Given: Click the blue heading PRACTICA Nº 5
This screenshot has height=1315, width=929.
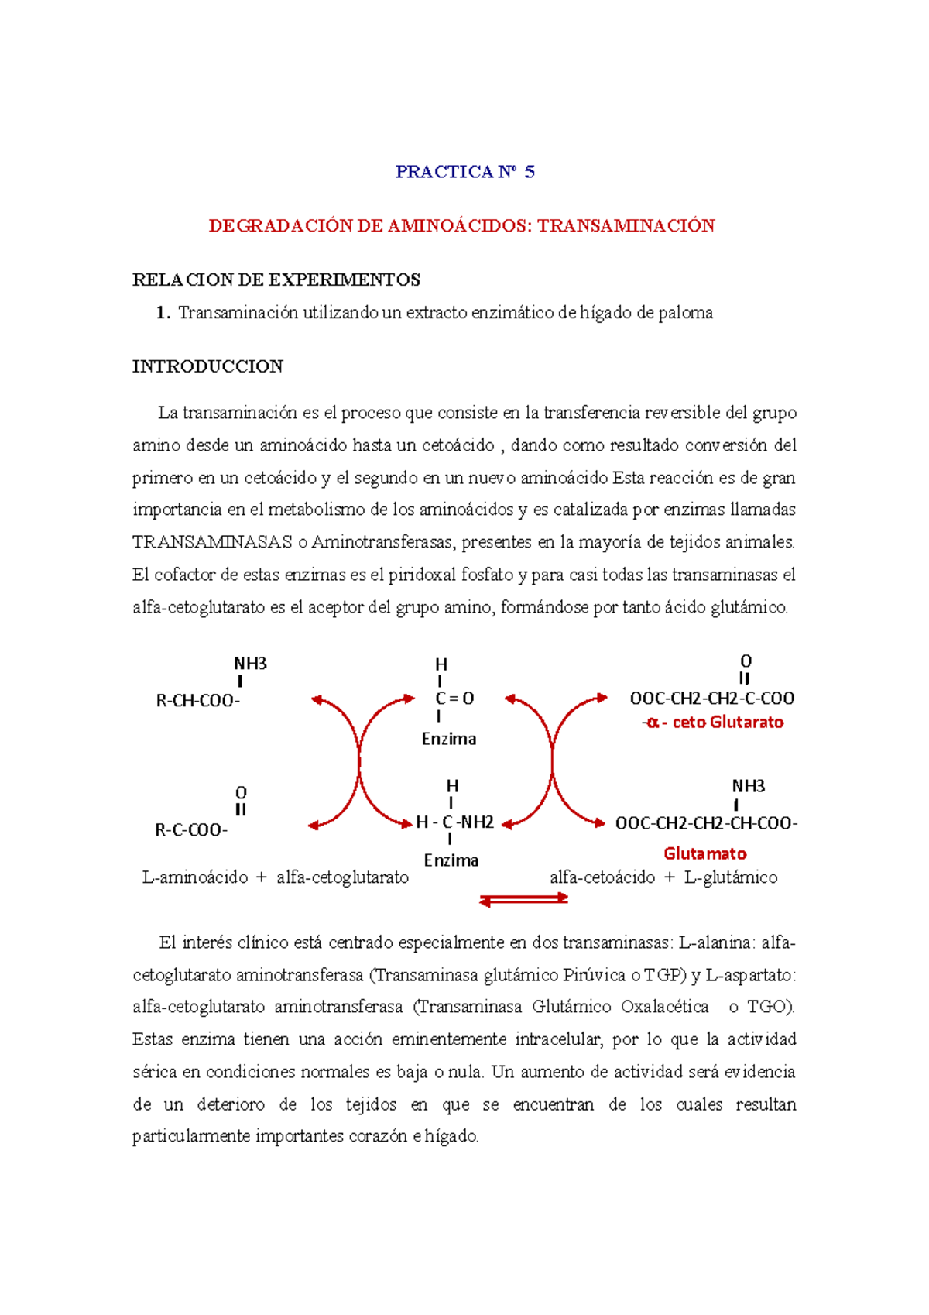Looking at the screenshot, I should pos(464,172).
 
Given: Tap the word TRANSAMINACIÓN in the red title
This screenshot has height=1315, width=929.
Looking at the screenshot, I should pos(626,226).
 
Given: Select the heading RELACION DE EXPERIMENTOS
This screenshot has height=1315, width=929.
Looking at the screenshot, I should pos(276,280).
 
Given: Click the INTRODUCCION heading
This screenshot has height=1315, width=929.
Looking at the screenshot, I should pos(207,366).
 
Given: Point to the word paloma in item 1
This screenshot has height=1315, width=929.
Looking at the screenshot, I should pos(685,313).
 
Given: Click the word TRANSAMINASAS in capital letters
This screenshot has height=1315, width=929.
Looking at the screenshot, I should pos(212,542).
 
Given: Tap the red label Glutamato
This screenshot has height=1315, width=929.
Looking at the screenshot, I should pos(704,853).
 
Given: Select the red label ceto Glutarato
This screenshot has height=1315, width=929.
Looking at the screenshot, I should pos(727,723).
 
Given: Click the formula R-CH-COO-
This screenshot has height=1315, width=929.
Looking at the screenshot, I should pos(198,701).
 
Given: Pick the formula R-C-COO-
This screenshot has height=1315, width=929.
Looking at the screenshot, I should pos(191,830).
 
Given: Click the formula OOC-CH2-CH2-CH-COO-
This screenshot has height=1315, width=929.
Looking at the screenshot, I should pos(706,823).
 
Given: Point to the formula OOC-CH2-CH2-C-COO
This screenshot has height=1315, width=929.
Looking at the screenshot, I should pos(711,699).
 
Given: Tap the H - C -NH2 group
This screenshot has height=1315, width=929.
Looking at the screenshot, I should pos(454,822).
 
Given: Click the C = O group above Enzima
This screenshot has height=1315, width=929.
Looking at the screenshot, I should pos(454,699).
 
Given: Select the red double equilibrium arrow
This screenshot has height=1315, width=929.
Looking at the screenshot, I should pos(524,899).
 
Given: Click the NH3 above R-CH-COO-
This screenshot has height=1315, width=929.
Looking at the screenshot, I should pos(250,664).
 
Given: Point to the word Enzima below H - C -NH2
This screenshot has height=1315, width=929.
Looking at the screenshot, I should pos(451,860).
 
